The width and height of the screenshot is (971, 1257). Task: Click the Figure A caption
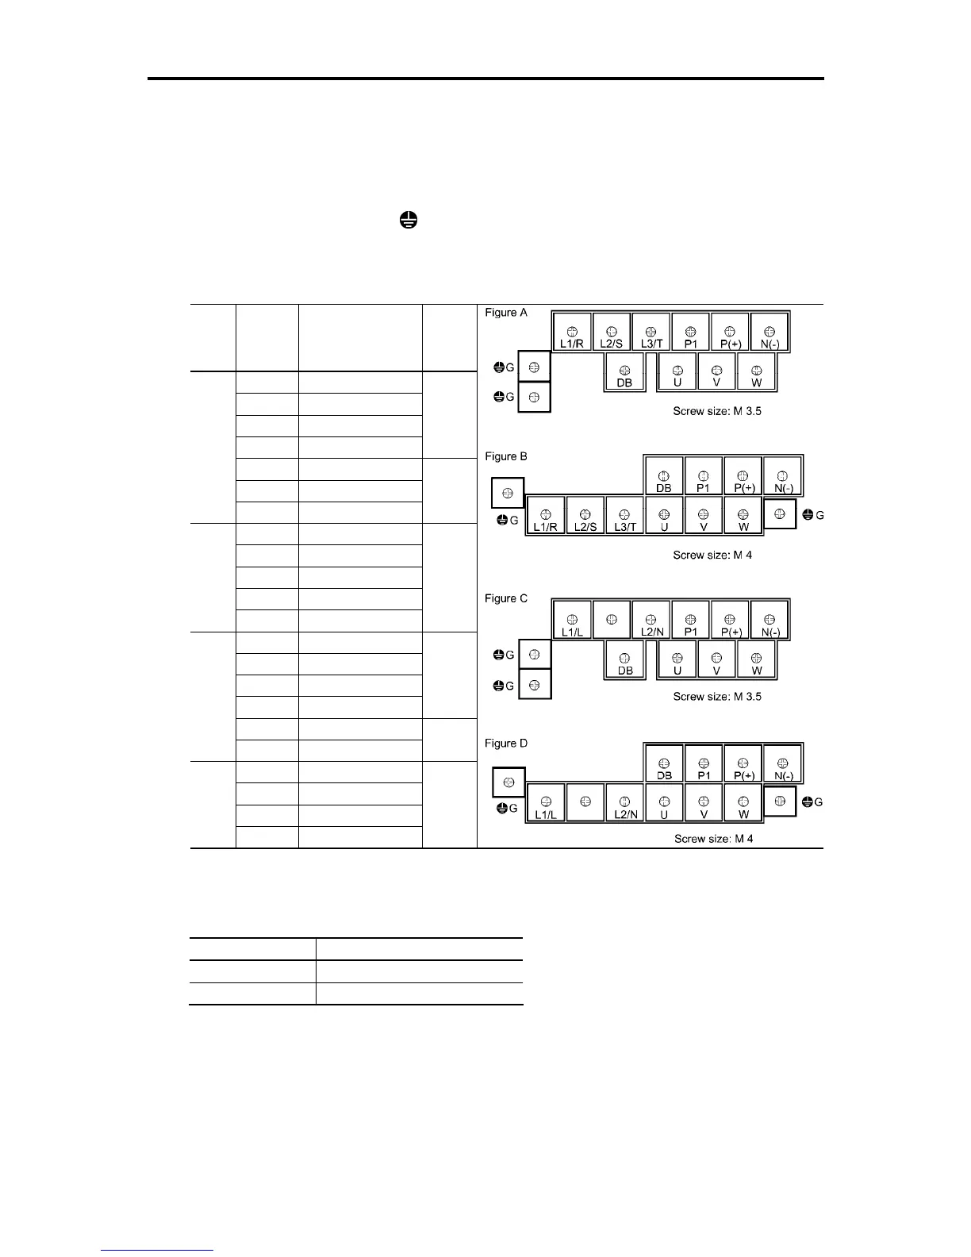(506, 313)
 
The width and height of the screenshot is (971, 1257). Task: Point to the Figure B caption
(506, 456)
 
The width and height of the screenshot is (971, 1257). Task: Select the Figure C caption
(506, 598)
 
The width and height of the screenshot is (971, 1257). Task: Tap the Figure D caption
(506, 744)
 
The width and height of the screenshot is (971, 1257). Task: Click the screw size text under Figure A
(716, 411)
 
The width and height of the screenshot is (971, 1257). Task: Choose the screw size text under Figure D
(713, 838)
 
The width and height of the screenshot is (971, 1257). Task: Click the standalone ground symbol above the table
(408, 221)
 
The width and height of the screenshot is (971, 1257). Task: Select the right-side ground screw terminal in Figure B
(780, 514)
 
